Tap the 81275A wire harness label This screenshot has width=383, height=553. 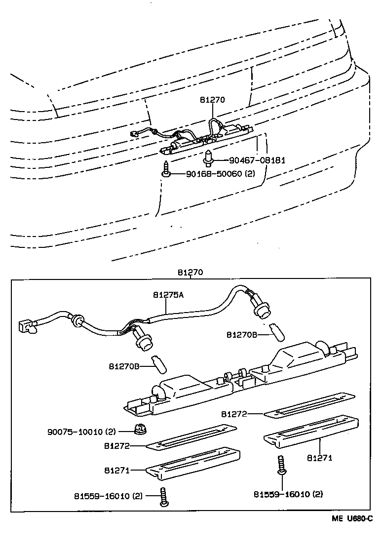(x=168, y=295)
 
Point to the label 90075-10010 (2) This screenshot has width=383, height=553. (x=81, y=431)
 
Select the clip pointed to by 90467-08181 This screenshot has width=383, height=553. (x=209, y=157)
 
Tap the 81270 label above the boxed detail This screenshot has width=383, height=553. (x=191, y=272)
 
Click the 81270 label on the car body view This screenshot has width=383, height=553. (x=213, y=99)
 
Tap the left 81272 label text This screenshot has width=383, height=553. (x=116, y=445)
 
